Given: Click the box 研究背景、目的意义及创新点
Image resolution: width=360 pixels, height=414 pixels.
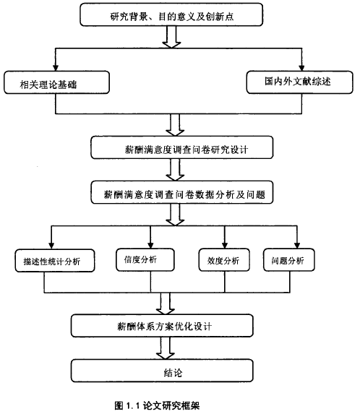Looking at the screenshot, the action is point(171,14).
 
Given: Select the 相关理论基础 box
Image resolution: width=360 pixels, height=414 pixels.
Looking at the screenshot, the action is point(56,82).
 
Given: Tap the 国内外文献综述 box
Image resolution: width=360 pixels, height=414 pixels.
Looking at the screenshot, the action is point(299,82).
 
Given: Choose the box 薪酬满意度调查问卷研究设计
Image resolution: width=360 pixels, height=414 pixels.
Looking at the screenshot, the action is point(181,147).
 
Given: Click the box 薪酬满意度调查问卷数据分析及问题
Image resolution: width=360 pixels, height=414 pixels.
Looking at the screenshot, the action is point(181,192).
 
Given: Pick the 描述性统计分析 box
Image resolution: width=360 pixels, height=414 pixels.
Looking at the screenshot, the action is point(55,261).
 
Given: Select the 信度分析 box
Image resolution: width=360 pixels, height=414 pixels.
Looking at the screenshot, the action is point(145,260).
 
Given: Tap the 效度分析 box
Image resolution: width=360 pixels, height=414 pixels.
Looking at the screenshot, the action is point(224,260).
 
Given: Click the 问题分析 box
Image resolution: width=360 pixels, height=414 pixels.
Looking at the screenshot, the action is point(288,260).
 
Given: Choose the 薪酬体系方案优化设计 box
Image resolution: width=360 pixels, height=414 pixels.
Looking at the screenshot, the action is point(162,326).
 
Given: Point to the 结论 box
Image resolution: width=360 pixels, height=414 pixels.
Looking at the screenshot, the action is point(162,371).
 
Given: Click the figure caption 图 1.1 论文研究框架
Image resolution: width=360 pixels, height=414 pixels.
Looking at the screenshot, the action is point(157,405).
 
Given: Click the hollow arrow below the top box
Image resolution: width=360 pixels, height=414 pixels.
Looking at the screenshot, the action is point(171,37).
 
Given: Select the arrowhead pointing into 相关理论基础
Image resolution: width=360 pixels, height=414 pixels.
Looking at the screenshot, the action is point(56,68).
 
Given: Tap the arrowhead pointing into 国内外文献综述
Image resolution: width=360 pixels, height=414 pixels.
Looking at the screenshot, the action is point(301,68).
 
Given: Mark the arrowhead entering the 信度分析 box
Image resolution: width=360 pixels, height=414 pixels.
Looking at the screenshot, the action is point(150,245).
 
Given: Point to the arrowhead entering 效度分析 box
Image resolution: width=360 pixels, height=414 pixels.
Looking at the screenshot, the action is point(225,245).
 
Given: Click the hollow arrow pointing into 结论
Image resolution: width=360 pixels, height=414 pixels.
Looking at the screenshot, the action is point(166,348).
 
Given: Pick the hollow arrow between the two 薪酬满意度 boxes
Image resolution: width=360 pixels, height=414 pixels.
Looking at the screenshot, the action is point(175,170).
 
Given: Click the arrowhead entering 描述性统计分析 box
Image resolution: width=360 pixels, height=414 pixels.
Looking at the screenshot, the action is point(51,246).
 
